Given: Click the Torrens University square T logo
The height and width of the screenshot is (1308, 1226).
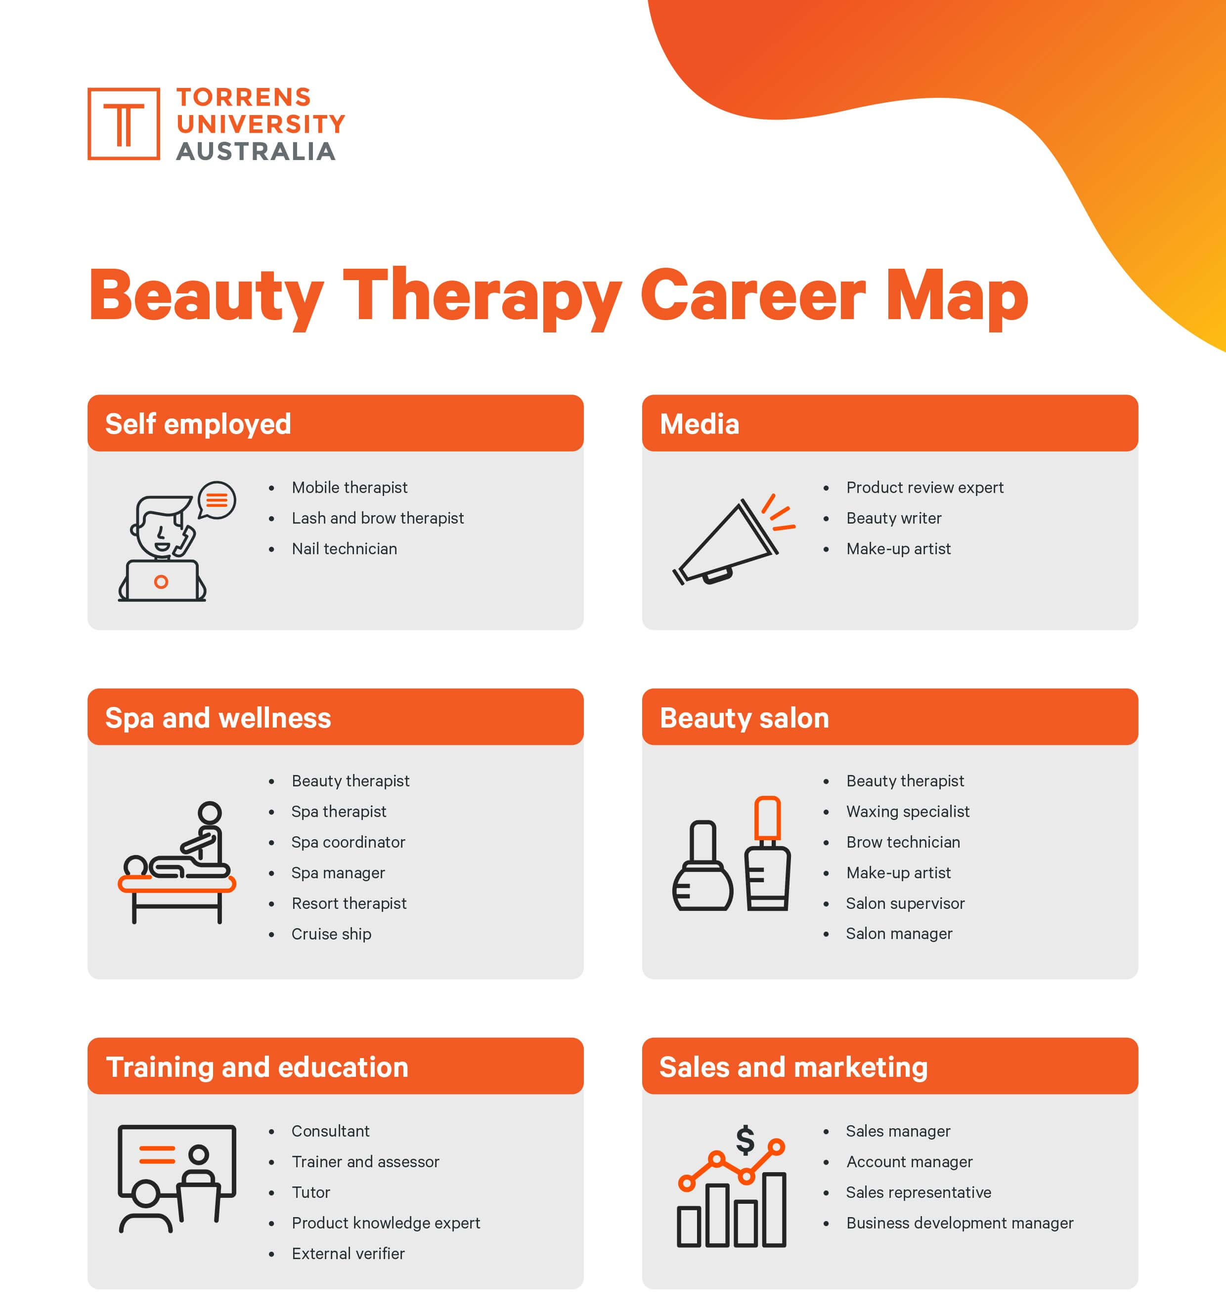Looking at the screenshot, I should (123, 123).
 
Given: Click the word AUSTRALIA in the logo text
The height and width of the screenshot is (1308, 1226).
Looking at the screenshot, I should (256, 151).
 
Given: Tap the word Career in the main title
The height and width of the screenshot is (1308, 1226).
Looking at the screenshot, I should (752, 295).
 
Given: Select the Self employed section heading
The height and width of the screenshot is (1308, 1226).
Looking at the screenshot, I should (198, 424).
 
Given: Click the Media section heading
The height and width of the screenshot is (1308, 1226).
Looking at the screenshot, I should (699, 424).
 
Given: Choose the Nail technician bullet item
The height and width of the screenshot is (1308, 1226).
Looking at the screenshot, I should (345, 549).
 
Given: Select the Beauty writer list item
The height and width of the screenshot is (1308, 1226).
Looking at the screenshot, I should (893, 519).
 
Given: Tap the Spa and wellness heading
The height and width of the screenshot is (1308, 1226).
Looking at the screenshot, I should (218, 718).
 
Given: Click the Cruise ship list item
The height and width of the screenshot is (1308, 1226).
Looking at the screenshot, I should (331, 934).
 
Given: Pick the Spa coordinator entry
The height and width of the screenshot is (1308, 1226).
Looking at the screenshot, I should (349, 842).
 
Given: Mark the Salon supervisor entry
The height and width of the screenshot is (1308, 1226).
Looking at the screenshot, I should (905, 903).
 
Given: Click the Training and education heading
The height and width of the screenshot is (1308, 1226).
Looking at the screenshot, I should (257, 1067).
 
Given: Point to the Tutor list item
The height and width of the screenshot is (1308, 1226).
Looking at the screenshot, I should (311, 1192).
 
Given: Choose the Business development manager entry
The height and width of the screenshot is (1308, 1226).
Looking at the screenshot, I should (960, 1223).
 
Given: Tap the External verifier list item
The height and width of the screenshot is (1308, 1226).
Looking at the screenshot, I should (348, 1253).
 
